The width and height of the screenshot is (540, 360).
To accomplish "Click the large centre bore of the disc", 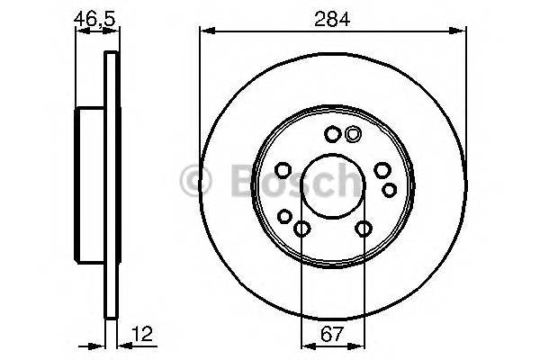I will click(x=332, y=188).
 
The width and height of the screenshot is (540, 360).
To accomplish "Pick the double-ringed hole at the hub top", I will click(x=353, y=135).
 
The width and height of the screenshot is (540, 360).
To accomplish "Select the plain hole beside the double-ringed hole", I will click(x=332, y=135).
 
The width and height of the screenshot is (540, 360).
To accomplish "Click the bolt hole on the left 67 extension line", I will click(x=301, y=229).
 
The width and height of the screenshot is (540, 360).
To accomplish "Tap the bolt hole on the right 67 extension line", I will click(x=364, y=229).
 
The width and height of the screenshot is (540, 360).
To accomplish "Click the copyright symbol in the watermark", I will click(x=196, y=181).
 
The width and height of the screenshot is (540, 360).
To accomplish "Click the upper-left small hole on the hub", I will click(x=282, y=171).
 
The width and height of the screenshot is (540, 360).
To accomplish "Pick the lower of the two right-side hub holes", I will click(x=390, y=189).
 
